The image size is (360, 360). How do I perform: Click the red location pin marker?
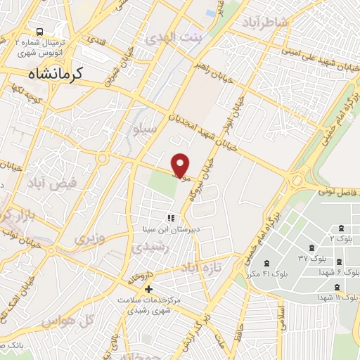coord(181,165)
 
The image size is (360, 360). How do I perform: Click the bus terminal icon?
coord(40,32)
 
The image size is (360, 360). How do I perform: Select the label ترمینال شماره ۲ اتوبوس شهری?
coord(40,46)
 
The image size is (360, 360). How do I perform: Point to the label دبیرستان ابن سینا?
coord(169,229)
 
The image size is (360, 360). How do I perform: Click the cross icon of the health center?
coord(148,289)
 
